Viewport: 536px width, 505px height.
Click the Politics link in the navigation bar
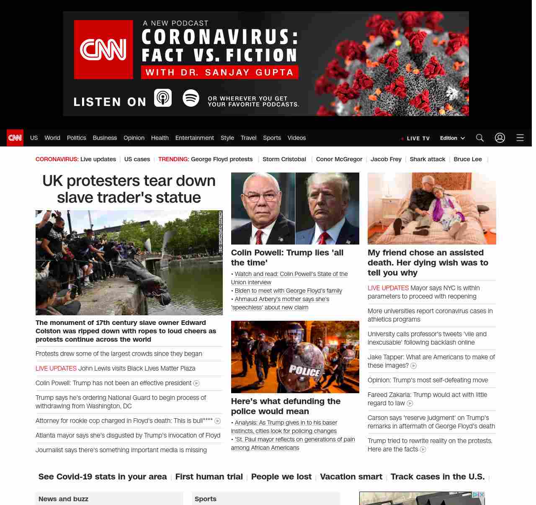click(76, 138)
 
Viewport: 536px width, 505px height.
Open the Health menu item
click(160, 138)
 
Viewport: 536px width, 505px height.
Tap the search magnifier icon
click(480, 138)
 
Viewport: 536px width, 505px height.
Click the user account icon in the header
click(500, 138)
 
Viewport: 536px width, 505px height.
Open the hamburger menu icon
click(520, 138)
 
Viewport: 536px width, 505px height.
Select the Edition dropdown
click(452, 138)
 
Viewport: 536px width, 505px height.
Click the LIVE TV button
click(415, 138)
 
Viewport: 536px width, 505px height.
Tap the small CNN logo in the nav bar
click(15, 138)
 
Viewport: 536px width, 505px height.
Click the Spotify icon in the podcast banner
click(191, 98)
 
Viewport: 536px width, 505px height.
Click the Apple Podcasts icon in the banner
click(163, 98)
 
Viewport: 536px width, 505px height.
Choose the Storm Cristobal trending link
click(284, 159)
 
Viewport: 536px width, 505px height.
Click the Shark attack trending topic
click(427, 159)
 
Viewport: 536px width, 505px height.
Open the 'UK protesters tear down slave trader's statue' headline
click(129, 189)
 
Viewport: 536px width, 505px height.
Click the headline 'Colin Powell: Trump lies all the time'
click(287, 258)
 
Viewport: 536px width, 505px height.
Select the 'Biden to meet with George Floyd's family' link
click(288, 291)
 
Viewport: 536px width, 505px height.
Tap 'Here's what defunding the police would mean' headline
click(286, 406)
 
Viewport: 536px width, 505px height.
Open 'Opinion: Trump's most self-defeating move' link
click(428, 380)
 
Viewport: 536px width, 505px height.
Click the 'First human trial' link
click(209, 477)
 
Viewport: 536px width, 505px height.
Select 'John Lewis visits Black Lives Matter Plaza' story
click(137, 368)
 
